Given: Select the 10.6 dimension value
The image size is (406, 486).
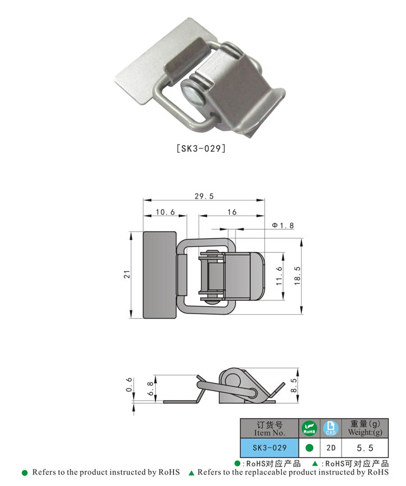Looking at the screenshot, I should coord(165,212).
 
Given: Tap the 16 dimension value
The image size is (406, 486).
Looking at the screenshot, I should coord(232,212).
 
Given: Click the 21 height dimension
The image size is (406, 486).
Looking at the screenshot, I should coord(126,275).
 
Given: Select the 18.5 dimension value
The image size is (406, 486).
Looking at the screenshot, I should coord(297,276).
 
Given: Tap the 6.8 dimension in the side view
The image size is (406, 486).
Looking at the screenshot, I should coord(150,388).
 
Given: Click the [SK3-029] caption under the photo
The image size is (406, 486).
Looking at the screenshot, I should coord(201,148).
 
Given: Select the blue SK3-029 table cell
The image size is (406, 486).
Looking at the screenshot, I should coord(270,448).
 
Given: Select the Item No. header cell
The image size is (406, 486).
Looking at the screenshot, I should coord(270,429).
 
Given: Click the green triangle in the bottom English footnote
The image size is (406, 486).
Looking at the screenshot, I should coord(191,473).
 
